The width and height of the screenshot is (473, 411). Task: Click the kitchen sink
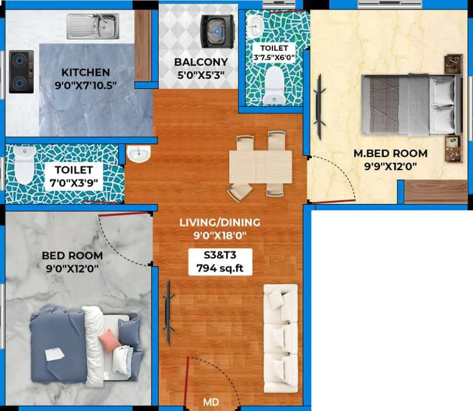tap(93, 26)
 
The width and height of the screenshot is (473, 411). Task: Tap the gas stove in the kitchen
tap(21, 72)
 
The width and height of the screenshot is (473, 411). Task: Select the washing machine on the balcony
tap(218, 31)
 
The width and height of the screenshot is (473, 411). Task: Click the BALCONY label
tap(201, 62)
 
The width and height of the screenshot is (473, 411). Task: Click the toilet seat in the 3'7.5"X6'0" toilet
tap(274, 86)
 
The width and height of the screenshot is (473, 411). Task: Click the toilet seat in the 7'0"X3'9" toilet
tap(24, 165)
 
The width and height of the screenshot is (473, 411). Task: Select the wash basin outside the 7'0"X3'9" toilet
tap(139, 153)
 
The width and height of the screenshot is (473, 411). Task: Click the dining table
tap(261, 167)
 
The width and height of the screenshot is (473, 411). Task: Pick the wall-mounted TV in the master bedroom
tap(319, 107)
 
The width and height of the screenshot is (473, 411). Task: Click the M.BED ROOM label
tap(390, 153)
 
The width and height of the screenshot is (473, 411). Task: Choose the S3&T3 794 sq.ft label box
tap(220, 262)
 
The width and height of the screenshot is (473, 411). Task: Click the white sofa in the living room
tap(281, 338)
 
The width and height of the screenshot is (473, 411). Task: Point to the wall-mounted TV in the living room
tap(168, 313)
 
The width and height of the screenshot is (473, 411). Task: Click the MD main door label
tap(211, 402)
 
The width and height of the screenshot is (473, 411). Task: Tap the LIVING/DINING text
tap(220, 222)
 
